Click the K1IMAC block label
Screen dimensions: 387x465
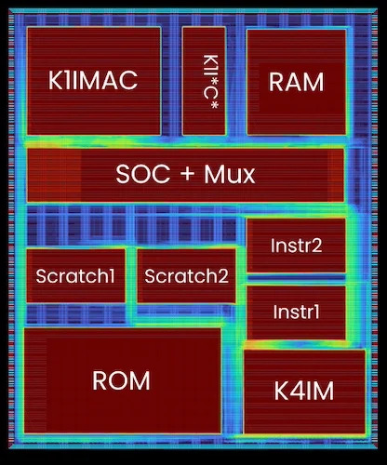pyautogui.click(x=93, y=80)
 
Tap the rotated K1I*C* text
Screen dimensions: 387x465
pyautogui.click(x=210, y=82)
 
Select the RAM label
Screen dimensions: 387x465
pyautogui.click(x=296, y=82)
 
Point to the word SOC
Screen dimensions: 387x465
pyautogui.click(x=143, y=174)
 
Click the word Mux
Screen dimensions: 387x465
pyautogui.click(x=230, y=174)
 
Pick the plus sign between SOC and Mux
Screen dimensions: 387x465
pyautogui.click(x=187, y=174)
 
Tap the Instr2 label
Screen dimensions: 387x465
pyautogui.click(x=296, y=246)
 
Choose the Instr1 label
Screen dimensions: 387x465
pyautogui.click(x=296, y=312)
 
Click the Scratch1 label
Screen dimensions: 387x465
pyautogui.click(x=75, y=275)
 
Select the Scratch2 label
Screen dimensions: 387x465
pyautogui.click(x=186, y=276)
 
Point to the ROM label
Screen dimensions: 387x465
pyautogui.click(x=121, y=380)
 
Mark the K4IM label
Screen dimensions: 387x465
pyautogui.click(x=304, y=391)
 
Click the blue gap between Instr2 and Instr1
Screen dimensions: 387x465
pyautogui.click(x=296, y=279)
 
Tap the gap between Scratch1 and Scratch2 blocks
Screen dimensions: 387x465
pyautogui.click(x=131, y=275)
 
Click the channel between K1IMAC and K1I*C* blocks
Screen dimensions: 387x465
pyautogui.click(x=171, y=81)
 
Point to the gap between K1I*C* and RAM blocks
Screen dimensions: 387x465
pyautogui.click(x=236, y=81)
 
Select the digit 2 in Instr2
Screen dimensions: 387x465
pyautogui.click(x=317, y=246)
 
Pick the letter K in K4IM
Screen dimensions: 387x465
pyautogui.click(x=281, y=391)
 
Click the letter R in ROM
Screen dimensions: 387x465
pyautogui.click(x=100, y=380)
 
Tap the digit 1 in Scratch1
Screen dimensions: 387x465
pyautogui.click(x=112, y=275)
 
